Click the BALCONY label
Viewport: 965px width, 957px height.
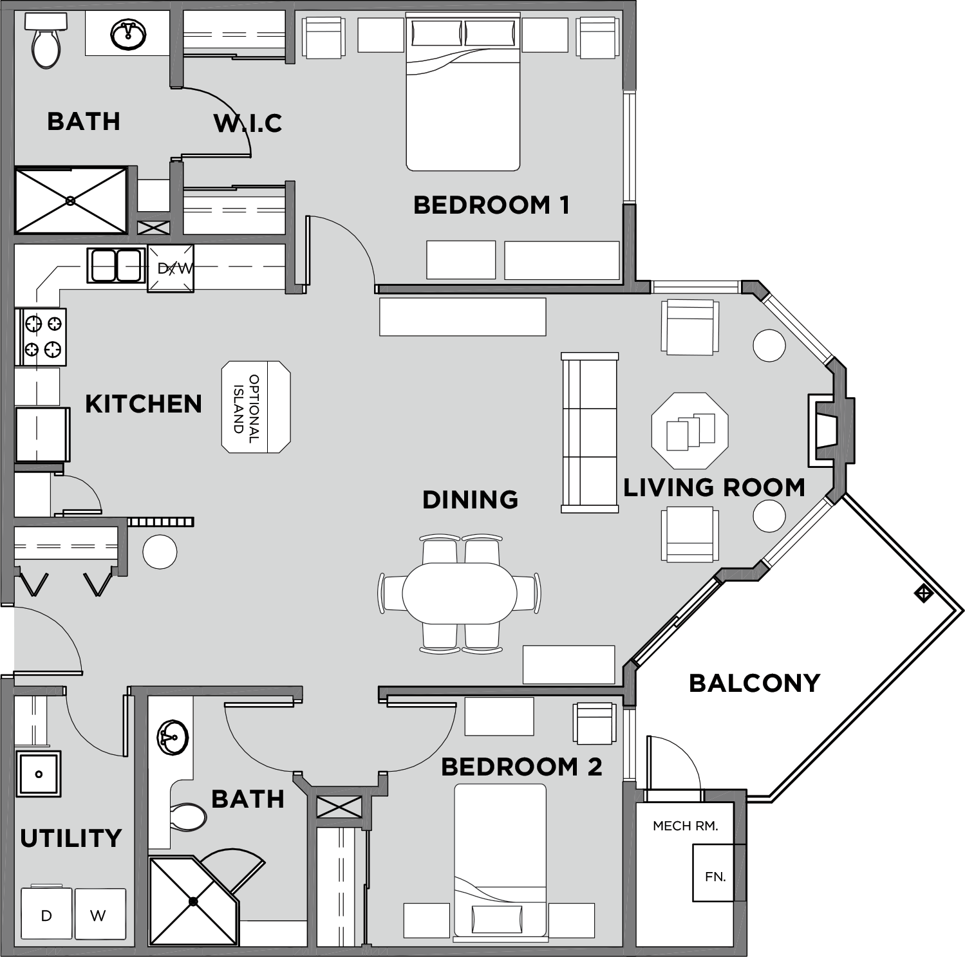[754, 683]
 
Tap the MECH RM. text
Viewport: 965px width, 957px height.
[685, 826]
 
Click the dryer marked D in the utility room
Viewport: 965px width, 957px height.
[46, 915]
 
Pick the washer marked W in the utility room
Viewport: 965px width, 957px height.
[99, 915]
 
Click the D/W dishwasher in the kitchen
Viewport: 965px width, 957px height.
[171, 268]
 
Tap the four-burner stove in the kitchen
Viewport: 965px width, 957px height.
[41, 337]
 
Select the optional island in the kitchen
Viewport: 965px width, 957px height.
[256, 407]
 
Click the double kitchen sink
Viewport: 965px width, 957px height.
[116, 265]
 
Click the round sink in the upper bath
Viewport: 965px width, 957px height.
[128, 35]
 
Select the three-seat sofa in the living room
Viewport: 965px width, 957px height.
[590, 432]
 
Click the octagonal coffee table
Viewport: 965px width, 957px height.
[689, 431]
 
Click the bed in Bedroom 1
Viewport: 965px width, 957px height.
[462, 97]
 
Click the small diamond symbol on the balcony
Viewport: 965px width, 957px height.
[923, 593]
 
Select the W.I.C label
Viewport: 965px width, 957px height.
[248, 123]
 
